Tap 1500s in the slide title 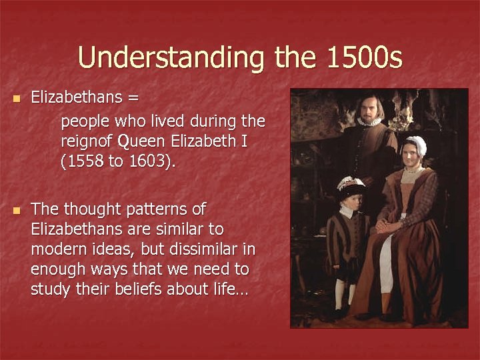[x=365, y=58]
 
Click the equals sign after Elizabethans [x=133, y=97]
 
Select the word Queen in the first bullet [x=141, y=141]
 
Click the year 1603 [x=151, y=161]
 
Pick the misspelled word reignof [x=86, y=141]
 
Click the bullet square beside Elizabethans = [x=17, y=98]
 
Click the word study [x=49, y=289]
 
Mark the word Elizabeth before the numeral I [x=203, y=141]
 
